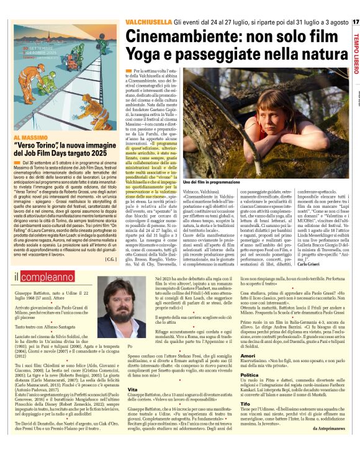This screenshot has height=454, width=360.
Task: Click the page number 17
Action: pos(355,24)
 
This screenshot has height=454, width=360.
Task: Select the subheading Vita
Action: pos(132,388)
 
